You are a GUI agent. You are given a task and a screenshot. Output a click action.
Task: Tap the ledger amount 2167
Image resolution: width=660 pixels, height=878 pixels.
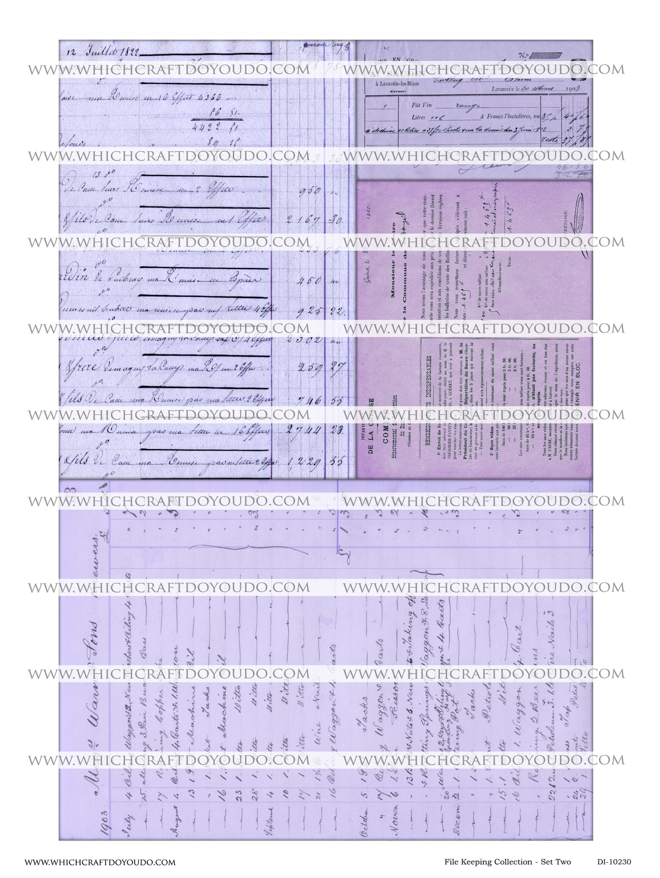point(304,221)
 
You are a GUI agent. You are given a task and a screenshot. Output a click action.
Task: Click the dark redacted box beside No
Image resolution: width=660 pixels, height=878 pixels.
point(546,55)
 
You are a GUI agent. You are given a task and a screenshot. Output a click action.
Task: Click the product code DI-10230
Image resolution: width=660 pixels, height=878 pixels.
point(614,862)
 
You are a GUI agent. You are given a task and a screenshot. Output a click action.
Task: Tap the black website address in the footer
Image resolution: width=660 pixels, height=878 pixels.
point(100,862)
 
